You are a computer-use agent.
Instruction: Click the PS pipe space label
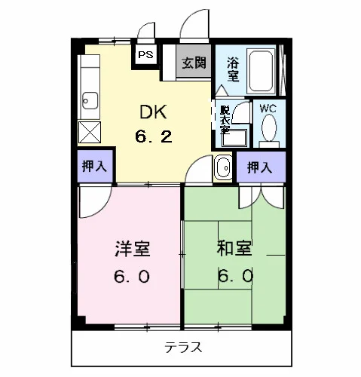(145, 54)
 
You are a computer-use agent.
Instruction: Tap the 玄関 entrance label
(194, 63)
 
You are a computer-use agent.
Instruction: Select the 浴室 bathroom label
(233, 69)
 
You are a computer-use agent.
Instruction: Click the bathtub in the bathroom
(261, 72)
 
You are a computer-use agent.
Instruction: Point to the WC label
(268, 109)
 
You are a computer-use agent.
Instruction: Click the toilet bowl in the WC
(269, 127)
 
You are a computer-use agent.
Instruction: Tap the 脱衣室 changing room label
(225, 120)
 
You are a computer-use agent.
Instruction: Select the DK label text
(153, 112)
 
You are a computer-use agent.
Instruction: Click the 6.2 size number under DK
(154, 136)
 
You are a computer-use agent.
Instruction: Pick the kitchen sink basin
(90, 101)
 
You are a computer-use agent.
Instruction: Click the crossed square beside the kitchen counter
(90, 132)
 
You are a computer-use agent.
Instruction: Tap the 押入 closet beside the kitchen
(95, 166)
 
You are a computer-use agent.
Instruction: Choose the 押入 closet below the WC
(261, 167)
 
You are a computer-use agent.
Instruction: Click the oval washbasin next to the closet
(223, 167)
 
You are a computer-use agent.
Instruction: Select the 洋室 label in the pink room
(133, 249)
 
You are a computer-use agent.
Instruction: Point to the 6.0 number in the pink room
(132, 277)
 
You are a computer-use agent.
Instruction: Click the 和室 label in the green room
(234, 248)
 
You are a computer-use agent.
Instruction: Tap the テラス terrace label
(183, 348)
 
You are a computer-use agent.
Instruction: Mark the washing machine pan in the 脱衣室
(234, 138)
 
